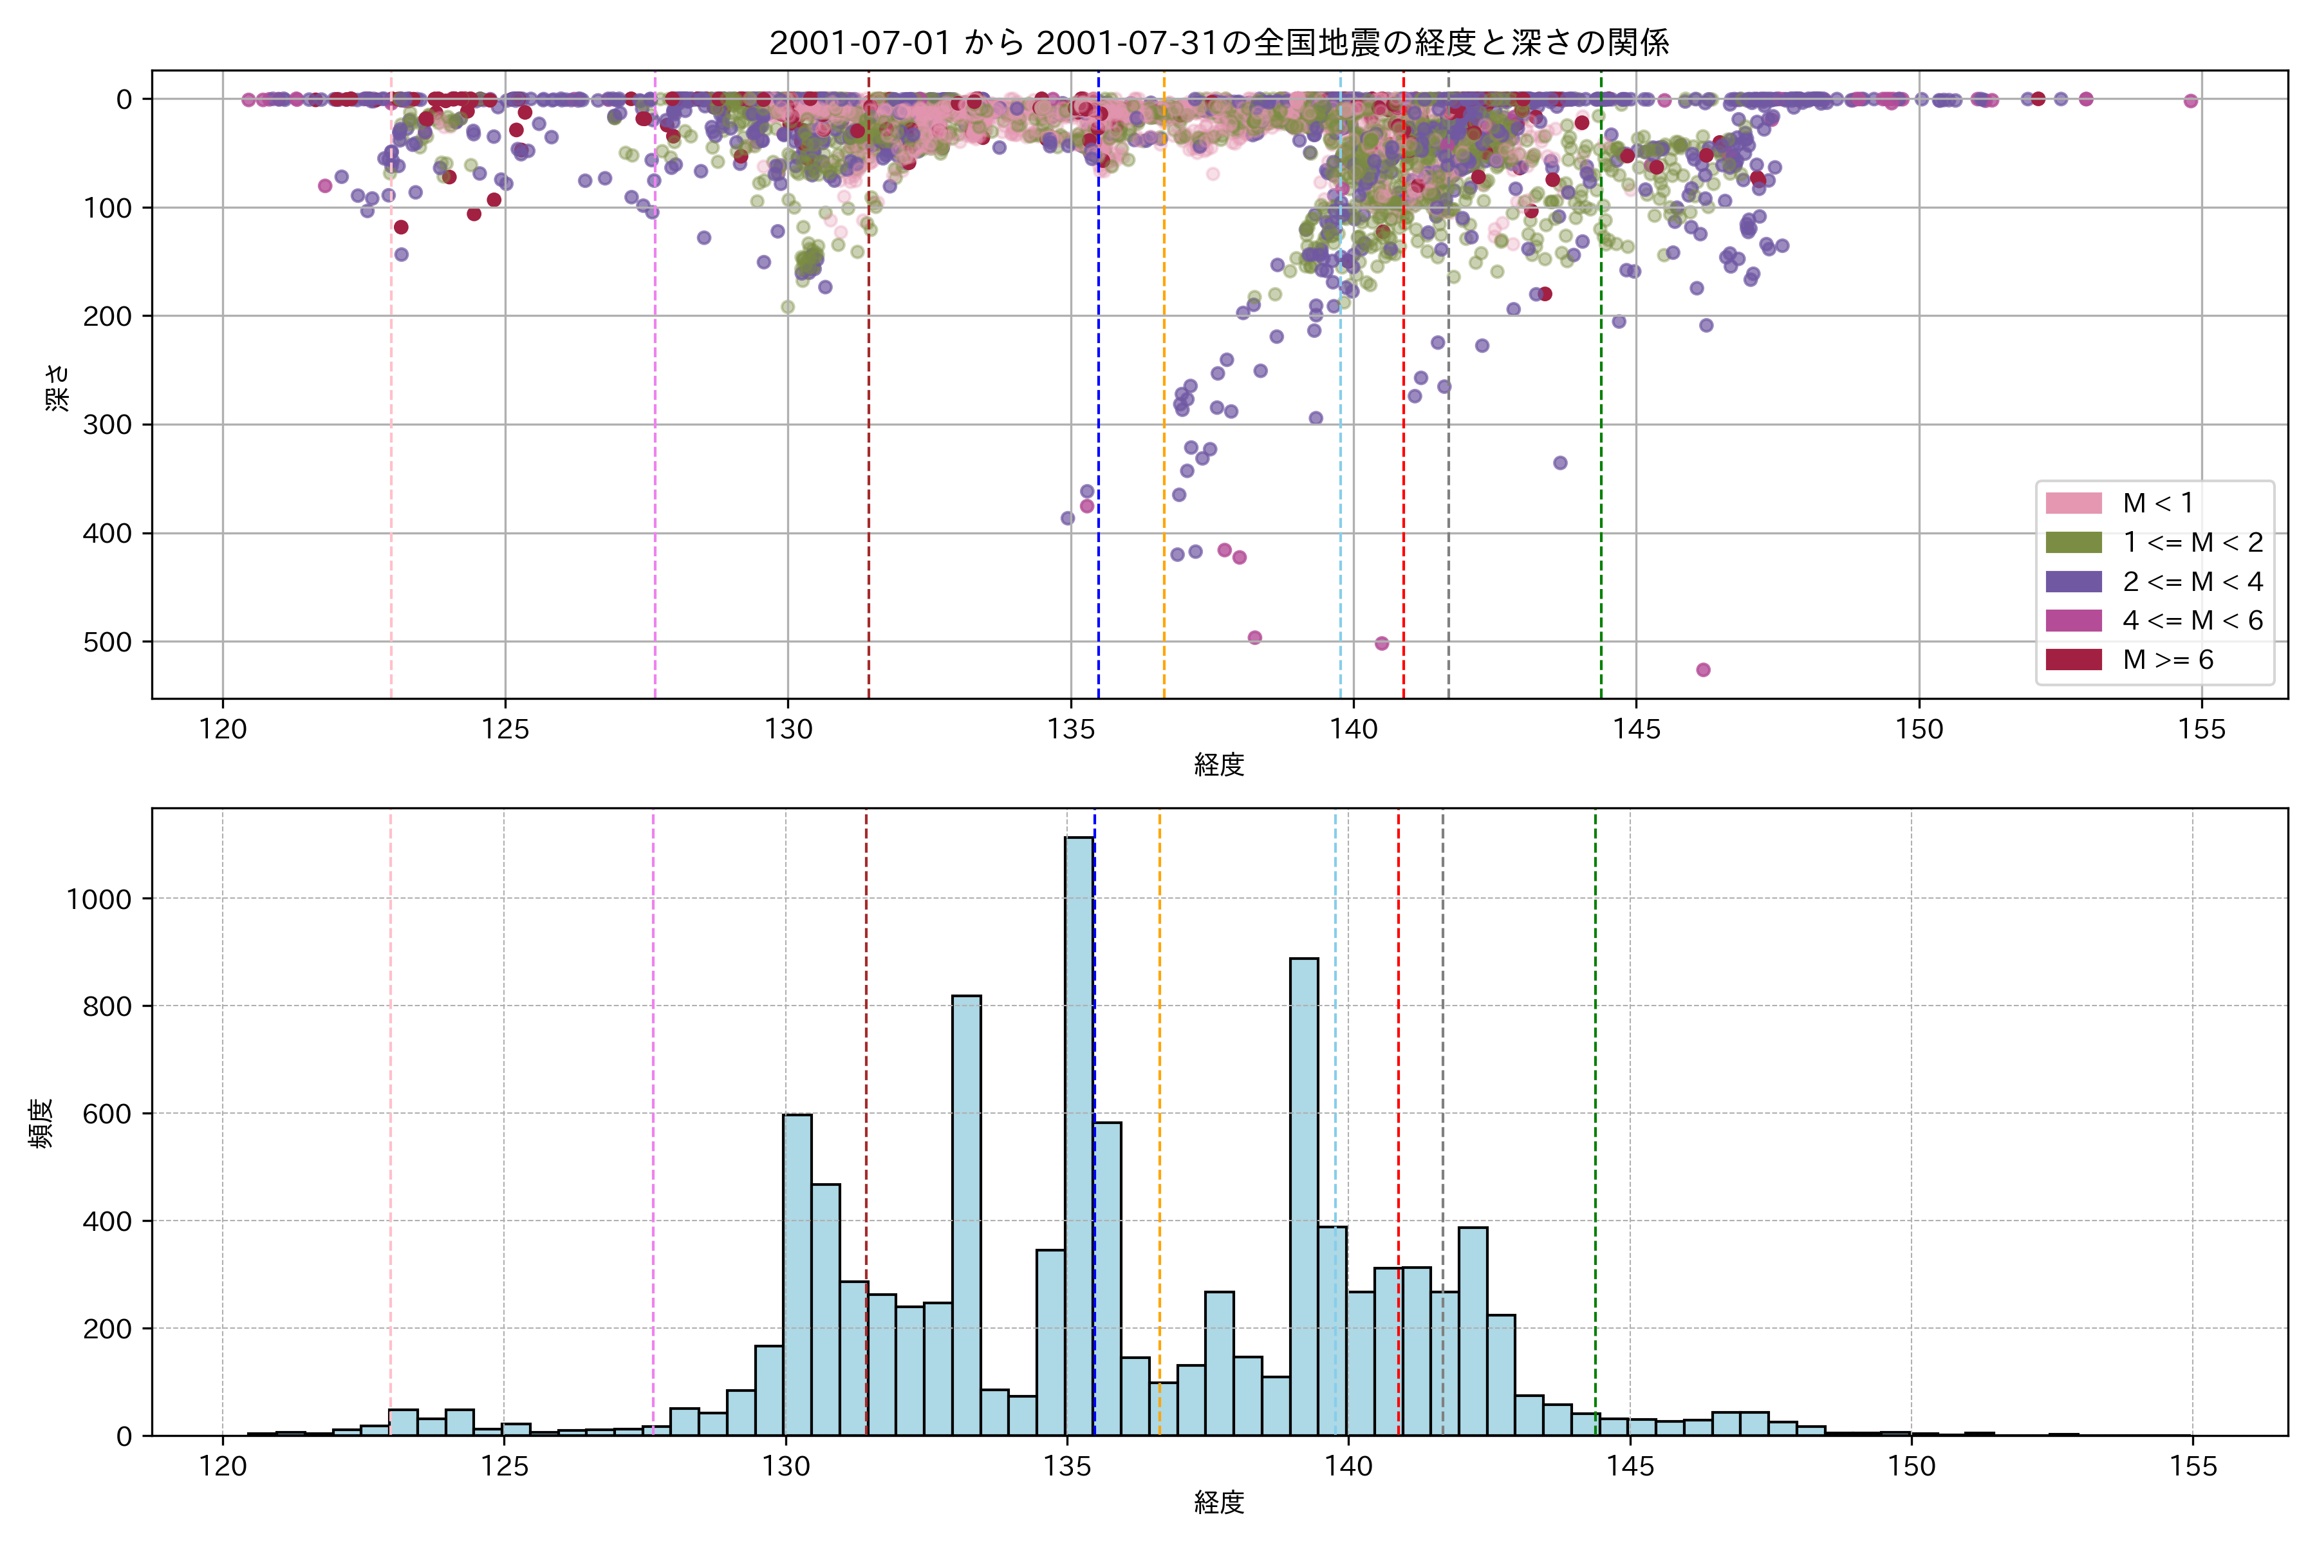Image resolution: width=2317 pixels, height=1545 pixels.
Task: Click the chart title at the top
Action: pyautogui.click(x=1218, y=43)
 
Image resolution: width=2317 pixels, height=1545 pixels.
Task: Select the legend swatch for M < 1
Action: pyautogui.click(x=2074, y=503)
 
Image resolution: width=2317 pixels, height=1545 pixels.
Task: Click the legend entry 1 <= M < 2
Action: pyautogui.click(x=2192, y=543)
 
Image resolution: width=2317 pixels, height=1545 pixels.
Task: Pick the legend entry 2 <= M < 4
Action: pyautogui.click(x=2192, y=581)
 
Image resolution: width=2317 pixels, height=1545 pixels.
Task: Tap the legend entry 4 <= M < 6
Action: pyautogui.click(x=2192, y=621)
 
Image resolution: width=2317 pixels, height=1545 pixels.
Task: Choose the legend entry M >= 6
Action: pyautogui.click(x=2167, y=660)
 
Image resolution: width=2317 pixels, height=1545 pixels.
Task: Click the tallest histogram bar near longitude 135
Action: pyautogui.click(x=1080, y=1133)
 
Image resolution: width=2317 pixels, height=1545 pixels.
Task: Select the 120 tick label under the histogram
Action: pyautogui.click(x=223, y=1467)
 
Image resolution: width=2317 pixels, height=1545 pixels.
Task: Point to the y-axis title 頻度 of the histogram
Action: pyautogui.click(x=41, y=1123)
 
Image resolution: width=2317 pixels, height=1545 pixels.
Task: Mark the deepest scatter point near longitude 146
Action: pyautogui.click(x=1703, y=670)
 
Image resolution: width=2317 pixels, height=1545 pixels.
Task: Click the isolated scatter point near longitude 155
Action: pyautogui.click(x=2191, y=100)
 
